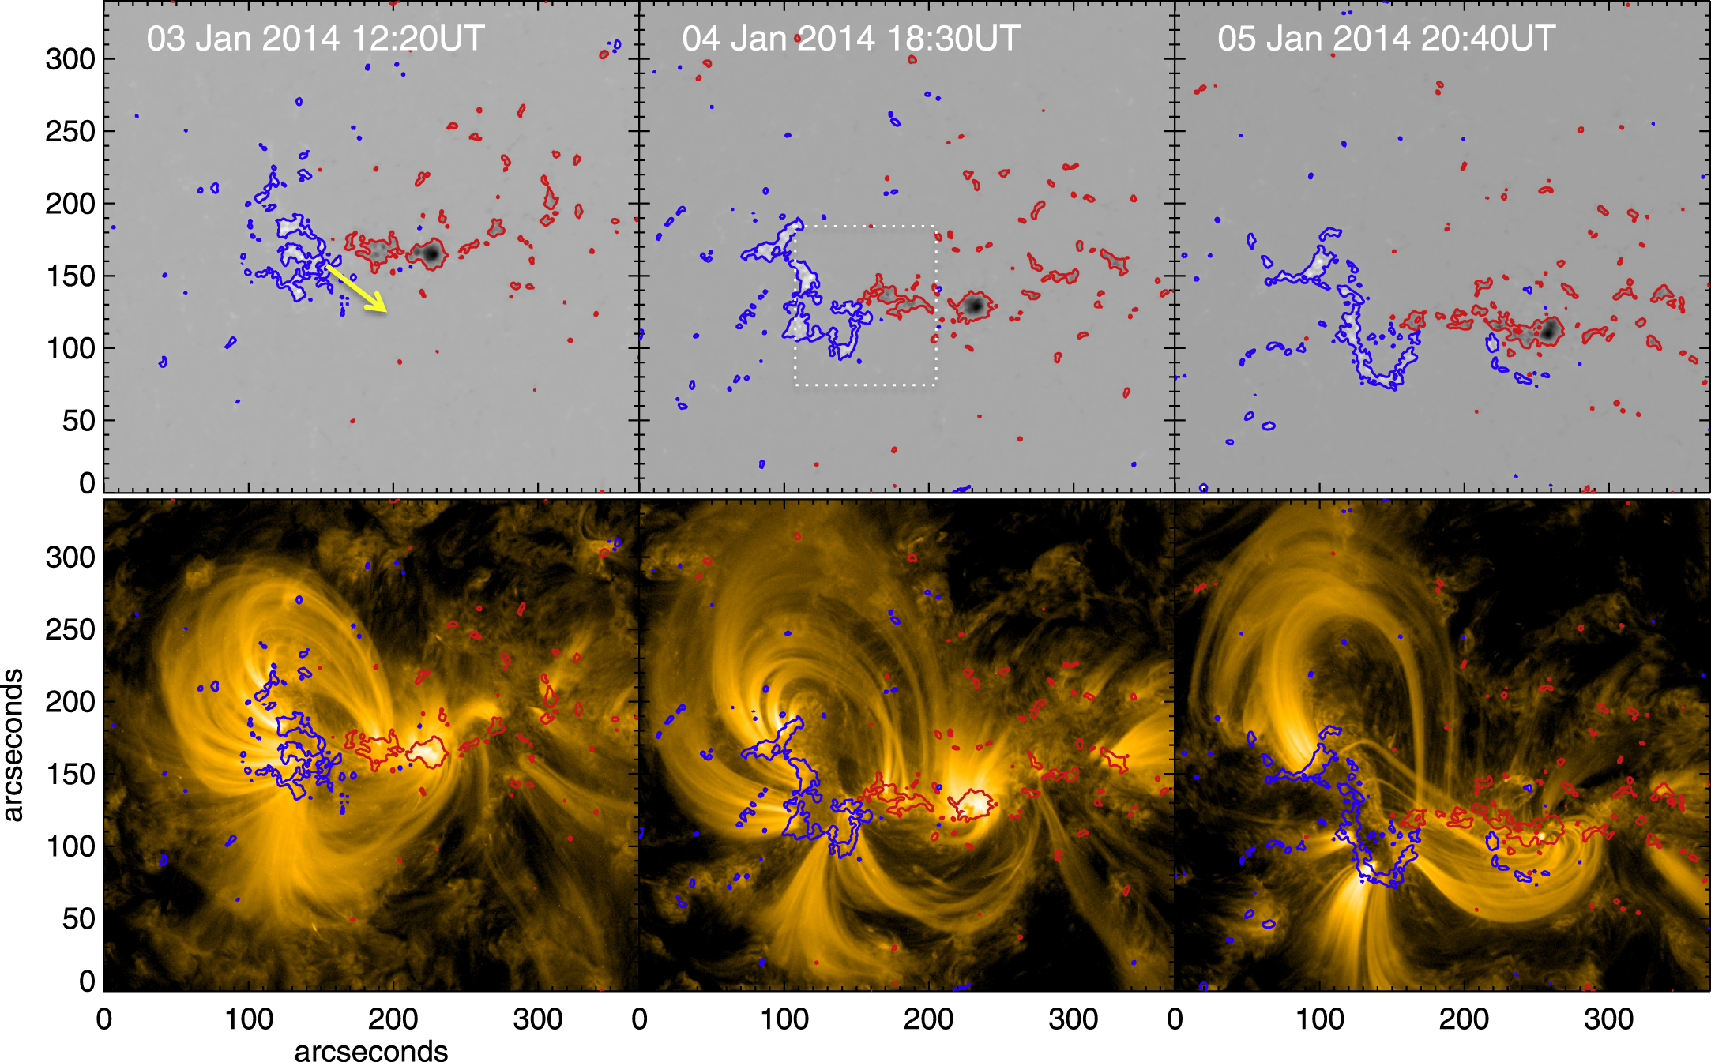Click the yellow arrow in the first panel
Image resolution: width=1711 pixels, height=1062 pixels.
tap(357, 289)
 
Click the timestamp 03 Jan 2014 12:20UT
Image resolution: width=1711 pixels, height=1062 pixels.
tap(315, 39)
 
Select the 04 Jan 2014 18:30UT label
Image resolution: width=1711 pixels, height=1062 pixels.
tap(851, 39)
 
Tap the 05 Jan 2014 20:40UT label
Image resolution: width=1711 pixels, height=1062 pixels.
tap(1386, 39)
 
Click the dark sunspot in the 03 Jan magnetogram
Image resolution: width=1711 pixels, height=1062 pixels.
tap(431, 253)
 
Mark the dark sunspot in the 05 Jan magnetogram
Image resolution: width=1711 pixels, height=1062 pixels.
tap(1549, 330)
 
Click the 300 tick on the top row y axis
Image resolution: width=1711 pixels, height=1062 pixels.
tap(70, 59)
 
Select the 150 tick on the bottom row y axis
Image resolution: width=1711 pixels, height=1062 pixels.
tap(70, 775)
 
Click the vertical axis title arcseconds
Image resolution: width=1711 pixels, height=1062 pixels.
tap(13, 745)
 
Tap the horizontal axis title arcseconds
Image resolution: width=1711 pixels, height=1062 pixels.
tap(370, 1050)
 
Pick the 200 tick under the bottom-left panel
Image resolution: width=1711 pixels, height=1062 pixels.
tap(393, 1019)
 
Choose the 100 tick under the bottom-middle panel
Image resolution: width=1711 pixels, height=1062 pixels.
tap(784, 1019)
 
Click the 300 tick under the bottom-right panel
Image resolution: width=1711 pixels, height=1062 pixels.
tap(1608, 1019)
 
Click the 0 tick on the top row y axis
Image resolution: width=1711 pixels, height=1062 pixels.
tap(87, 482)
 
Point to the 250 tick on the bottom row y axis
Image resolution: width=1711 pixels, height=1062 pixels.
tap(70, 630)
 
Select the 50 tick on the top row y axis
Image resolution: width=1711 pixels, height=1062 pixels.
tap(79, 421)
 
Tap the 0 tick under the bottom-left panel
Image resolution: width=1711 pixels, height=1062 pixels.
tap(104, 1019)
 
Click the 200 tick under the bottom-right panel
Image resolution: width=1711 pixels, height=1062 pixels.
tap(1464, 1019)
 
